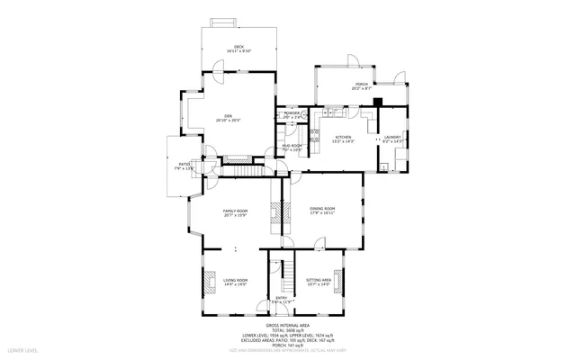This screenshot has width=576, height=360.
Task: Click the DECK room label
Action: point(238,47)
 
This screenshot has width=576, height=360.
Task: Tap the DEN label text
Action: point(228,117)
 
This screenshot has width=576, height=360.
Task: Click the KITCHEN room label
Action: point(343,138)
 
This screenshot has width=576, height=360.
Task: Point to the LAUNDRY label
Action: point(393,138)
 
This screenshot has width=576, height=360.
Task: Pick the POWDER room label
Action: point(292,113)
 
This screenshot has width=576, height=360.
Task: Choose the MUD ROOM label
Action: point(292,146)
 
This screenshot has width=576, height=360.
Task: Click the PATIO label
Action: point(184,165)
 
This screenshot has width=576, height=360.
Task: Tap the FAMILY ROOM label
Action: point(236,211)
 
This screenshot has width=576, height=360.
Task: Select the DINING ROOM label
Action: point(322,210)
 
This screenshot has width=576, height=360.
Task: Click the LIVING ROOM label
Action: point(236,281)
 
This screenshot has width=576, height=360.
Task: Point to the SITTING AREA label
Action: point(319,281)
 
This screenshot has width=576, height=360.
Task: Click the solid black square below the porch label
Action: point(378,101)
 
